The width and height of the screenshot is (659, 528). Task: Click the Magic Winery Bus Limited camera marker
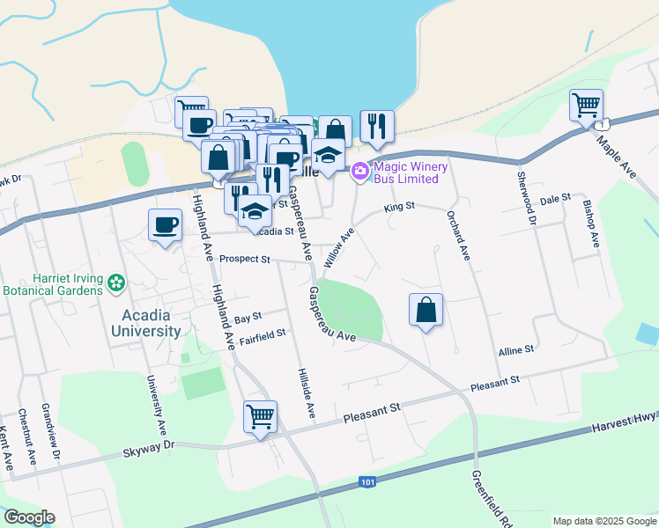point(359,171)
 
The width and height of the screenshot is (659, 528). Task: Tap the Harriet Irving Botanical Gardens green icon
point(116,283)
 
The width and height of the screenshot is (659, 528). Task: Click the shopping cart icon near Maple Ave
point(586,106)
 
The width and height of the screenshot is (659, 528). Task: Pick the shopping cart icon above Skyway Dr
point(260,417)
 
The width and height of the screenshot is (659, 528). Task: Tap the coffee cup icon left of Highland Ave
point(165,226)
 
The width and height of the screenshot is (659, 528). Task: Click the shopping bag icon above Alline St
point(426,310)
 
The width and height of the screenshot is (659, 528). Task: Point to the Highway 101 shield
point(367,482)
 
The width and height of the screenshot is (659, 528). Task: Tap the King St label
point(398,208)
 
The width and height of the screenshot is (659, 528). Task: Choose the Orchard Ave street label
point(458,235)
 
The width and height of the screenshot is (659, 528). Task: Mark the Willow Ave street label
point(337,248)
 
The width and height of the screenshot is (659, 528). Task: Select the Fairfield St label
point(262,334)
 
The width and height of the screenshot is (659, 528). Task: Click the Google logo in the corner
point(28,517)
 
